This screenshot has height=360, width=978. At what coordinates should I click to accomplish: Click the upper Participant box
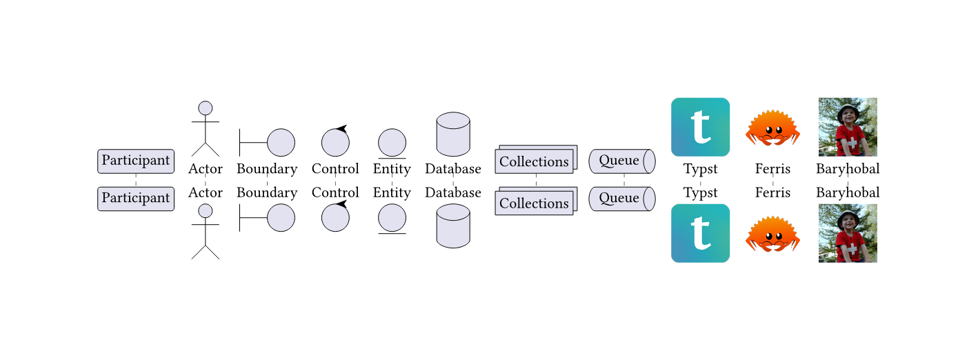pyautogui.click(x=136, y=161)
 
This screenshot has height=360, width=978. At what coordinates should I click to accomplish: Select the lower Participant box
pyautogui.click(x=136, y=198)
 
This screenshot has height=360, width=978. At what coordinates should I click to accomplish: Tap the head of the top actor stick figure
pyautogui.click(x=205, y=108)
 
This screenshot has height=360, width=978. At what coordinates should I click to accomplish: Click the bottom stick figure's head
pyautogui.click(x=205, y=211)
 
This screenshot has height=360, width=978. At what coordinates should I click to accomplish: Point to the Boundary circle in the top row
pyautogui.click(x=281, y=143)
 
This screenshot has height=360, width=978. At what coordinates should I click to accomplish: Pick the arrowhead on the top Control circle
pyautogui.click(x=341, y=129)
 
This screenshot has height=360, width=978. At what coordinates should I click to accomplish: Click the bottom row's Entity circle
pyautogui.click(x=392, y=218)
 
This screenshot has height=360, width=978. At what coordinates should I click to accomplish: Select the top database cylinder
pyautogui.click(x=453, y=134)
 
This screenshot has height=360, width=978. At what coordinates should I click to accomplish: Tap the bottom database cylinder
pyautogui.click(x=453, y=226)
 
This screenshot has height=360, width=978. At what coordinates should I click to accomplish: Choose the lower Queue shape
pyautogui.click(x=621, y=198)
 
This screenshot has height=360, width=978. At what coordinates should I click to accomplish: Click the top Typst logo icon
pyautogui.click(x=700, y=128)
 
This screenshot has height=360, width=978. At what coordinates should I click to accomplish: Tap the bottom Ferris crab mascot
pyautogui.click(x=772, y=234)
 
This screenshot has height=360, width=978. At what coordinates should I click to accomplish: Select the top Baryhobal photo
pyautogui.click(x=848, y=128)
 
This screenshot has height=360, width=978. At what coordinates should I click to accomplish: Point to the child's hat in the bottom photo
pyautogui.click(x=848, y=216)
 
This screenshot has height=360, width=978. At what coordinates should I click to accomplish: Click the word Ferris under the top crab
pyautogui.click(x=772, y=169)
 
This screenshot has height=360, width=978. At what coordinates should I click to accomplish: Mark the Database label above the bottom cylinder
pyautogui.click(x=453, y=192)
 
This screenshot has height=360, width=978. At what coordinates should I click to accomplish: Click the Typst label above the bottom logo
pyautogui.click(x=700, y=192)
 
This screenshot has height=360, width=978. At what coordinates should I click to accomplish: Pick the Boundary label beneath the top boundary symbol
pyautogui.click(x=267, y=169)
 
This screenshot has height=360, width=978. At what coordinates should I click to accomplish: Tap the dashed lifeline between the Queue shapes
pyautogui.click(x=624, y=180)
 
